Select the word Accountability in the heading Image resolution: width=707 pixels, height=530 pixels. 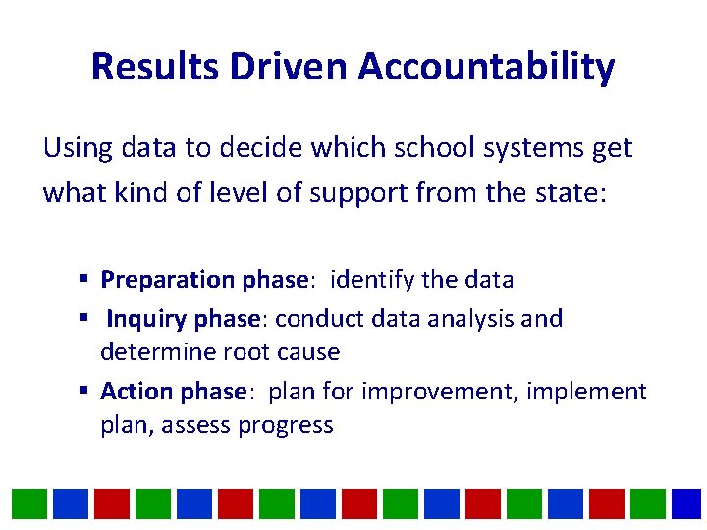click(486, 67)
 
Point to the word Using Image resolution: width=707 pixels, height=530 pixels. click(79, 148)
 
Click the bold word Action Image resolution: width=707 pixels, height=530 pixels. click(136, 392)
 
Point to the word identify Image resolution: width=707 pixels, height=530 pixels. click(373, 280)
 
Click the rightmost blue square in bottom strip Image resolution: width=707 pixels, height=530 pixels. click(687, 503)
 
